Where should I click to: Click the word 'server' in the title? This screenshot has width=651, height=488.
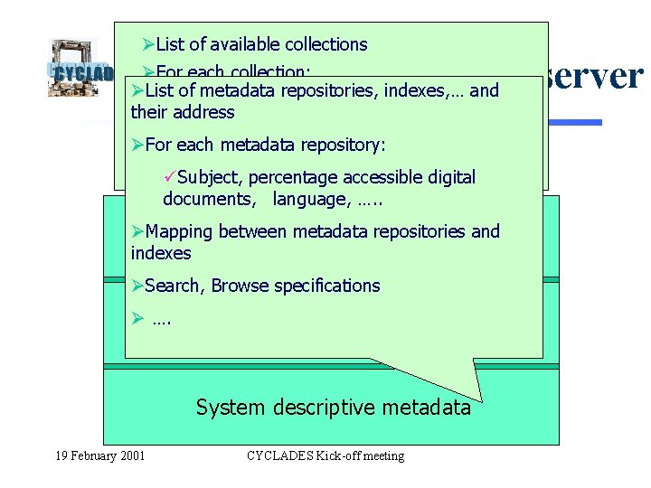click(593, 77)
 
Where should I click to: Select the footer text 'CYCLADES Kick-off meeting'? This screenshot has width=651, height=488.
click(325, 455)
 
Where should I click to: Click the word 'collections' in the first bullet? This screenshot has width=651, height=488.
click(325, 44)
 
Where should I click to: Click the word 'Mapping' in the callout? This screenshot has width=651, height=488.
click(179, 231)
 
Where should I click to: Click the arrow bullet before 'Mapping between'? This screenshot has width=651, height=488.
click(137, 231)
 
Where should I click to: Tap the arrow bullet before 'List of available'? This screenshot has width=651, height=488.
click(150, 44)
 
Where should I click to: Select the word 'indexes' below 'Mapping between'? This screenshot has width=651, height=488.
click(161, 253)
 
